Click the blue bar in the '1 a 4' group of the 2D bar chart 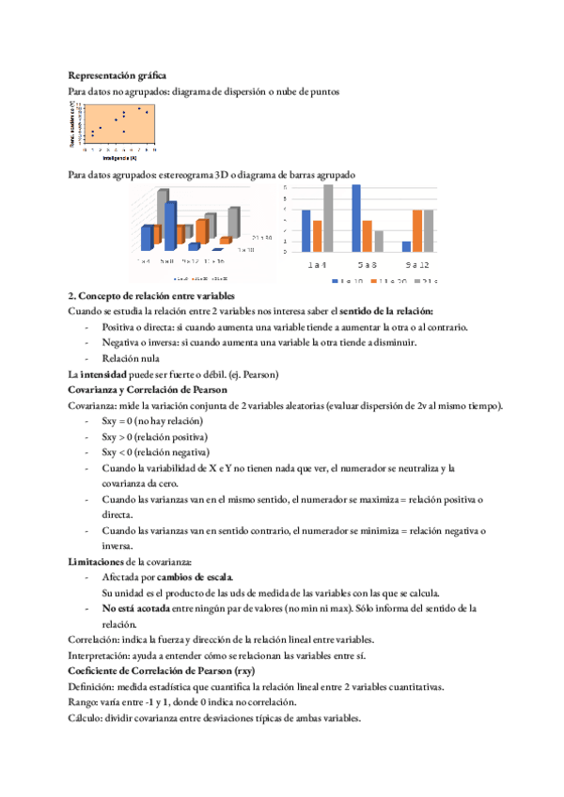(x=306, y=230)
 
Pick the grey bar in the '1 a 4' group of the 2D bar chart (x=328, y=218)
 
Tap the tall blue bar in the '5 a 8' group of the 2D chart (x=356, y=218)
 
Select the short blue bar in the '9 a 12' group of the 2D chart (x=406, y=246)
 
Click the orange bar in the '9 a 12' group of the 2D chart (x=417, y=230)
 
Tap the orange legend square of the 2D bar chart (x=373, y=280)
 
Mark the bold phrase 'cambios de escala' (x=196, y=576)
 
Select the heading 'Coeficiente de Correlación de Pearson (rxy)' (x=165, y=671)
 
